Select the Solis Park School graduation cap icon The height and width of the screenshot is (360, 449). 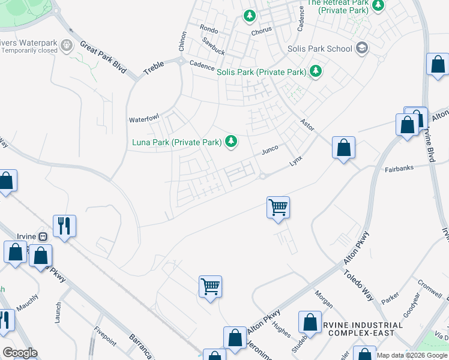tap(361, 47)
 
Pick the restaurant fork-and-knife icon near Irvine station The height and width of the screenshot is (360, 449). tap(64, 226)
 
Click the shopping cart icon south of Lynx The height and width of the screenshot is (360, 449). tap(278, 207)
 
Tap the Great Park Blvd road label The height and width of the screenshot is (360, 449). tap(103, 57)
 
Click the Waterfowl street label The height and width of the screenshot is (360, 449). tap(143, 119)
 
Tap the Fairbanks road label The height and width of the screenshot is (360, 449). tap(399, 169)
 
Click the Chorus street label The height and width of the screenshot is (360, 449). tap(262, 31)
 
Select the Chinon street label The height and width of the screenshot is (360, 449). tap(182, 41)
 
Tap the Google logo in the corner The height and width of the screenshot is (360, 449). tap(19, 353)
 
